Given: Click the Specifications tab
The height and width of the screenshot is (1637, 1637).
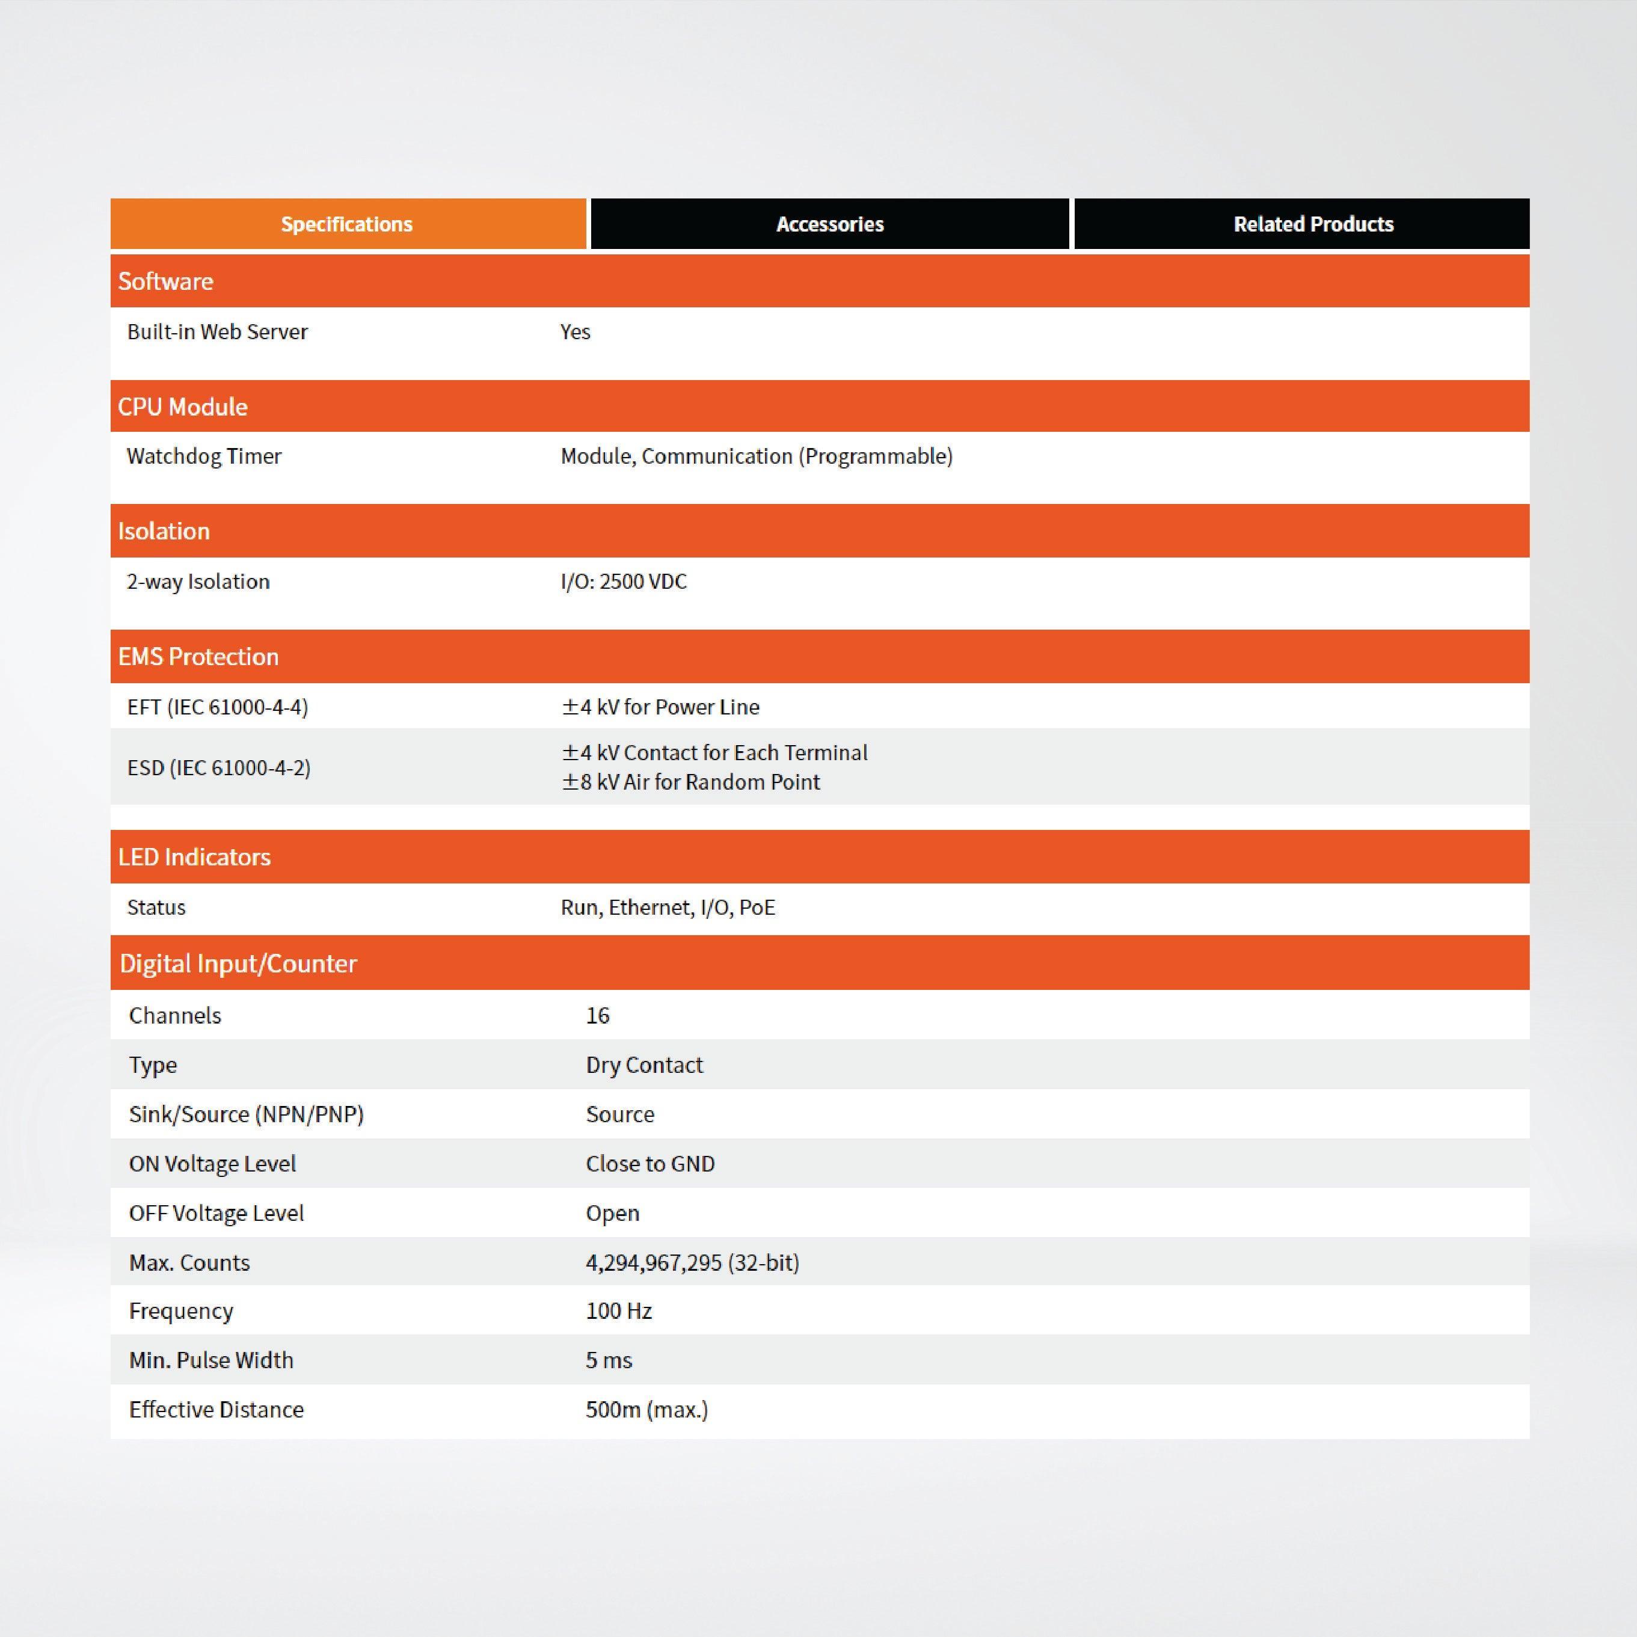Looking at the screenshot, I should (x=348, y=224).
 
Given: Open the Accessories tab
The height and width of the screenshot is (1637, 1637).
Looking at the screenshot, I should (x=829, y=224).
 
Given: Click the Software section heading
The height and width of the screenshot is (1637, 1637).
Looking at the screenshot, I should (x=166, y=281).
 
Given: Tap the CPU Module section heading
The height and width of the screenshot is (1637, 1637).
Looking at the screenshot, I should (x=183, y=407).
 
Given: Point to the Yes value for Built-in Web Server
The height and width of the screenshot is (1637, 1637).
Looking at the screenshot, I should (x=576, y=332).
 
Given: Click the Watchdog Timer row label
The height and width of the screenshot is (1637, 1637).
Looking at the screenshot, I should (x=204, y=456).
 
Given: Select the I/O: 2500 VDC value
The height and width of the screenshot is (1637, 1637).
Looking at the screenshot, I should (x=624, y=582).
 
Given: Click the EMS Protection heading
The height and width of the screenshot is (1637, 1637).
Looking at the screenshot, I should (x=198, y=657).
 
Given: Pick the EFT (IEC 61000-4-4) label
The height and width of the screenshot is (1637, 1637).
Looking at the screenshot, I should (x=218, y=707).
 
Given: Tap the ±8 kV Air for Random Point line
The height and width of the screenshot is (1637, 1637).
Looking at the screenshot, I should (x=690, y=782).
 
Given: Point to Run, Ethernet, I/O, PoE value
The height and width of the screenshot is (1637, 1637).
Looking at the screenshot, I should (x=668, y=908).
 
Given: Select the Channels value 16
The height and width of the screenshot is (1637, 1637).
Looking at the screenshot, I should (x=597, y=1016).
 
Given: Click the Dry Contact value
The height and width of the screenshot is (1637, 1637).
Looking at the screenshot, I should (x=644, y=1065).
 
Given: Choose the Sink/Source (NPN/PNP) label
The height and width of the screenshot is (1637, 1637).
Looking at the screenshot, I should (x=247, y=1114).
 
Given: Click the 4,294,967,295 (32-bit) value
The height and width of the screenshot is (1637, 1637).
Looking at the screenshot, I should (x=692, y=1262).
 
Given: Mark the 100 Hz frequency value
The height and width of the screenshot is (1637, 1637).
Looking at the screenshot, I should (x=618, y=1312).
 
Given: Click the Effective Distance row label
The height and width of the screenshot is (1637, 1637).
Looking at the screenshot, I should (x=216, y=1410).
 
